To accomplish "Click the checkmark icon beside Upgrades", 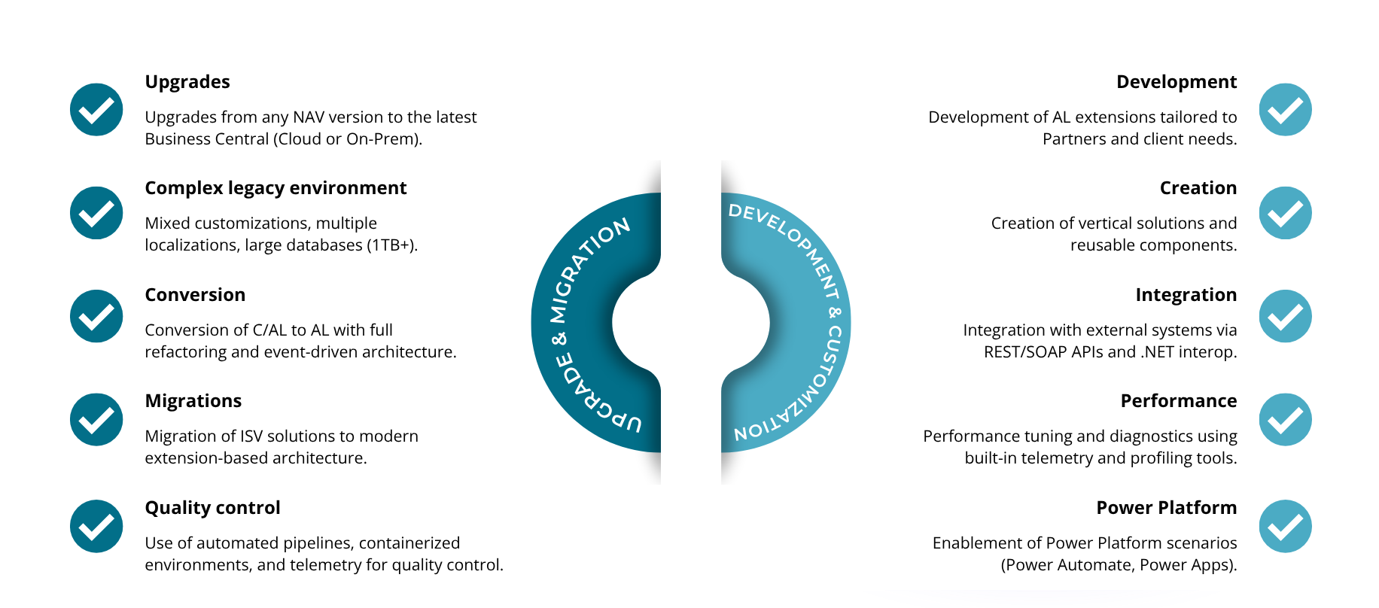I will pos(96,110).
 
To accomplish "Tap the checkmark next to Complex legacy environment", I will pos(96,213).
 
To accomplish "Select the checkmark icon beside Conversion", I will pos(96,316).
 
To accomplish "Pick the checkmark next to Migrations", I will pos(96,420).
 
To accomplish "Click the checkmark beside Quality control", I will pos(96,526).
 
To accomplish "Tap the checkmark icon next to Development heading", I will pos(1285,110).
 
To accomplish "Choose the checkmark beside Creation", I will pos(1285,213).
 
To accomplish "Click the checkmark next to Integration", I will pos(1285,316).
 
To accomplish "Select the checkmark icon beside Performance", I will pos(1285,420).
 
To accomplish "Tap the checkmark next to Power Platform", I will pos(1285,526).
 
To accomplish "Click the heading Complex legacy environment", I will pos(275,188).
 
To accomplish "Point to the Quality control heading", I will pos(212,508).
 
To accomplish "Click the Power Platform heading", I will pos(1166,508).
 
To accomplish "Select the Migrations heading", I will pos(193,401).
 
